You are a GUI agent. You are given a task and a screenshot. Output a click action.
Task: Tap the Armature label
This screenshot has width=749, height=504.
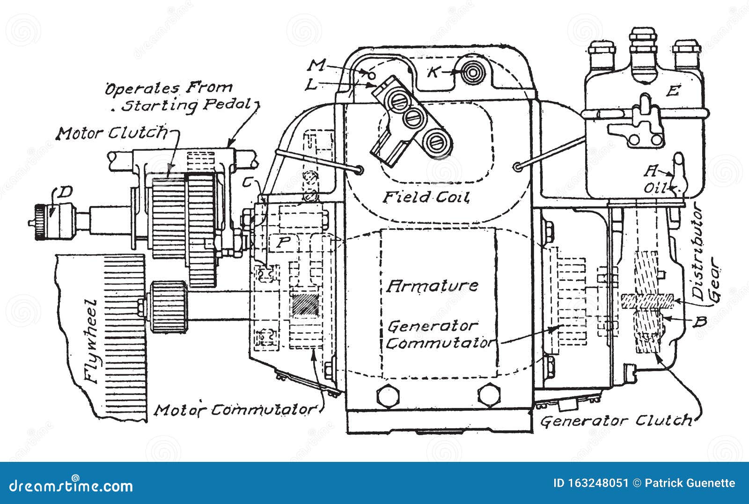tap(432, 286)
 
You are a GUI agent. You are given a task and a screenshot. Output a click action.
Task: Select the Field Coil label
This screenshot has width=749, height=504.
tap(426, 197)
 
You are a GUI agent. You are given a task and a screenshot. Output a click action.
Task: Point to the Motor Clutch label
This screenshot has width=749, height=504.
tap(112, 133)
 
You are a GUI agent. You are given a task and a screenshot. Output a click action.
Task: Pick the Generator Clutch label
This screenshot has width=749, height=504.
tap(616, 421)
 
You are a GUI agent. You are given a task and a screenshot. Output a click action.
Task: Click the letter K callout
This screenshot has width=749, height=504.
tap(433, 72)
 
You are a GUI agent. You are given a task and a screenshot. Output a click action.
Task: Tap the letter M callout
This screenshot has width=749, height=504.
tap(316, 66)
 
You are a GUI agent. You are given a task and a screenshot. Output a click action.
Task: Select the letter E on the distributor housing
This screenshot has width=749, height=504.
tap(673, 91)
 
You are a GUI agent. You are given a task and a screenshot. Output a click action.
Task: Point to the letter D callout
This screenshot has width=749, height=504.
tap(64, 192)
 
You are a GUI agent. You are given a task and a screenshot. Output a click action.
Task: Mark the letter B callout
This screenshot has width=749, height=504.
tap(699, 321)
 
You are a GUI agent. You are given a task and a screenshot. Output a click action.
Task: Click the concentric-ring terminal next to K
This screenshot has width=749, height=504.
tap(472, 73)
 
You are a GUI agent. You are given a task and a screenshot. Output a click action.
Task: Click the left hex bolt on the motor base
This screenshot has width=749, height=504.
tap(388, 396)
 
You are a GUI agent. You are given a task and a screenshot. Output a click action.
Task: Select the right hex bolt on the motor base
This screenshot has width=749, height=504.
tap(489, 394)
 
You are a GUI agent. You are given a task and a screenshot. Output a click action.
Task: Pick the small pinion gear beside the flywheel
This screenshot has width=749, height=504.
tap(169, 307)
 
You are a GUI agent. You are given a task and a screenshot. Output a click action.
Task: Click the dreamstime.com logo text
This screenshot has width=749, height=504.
tap(71, 486)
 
